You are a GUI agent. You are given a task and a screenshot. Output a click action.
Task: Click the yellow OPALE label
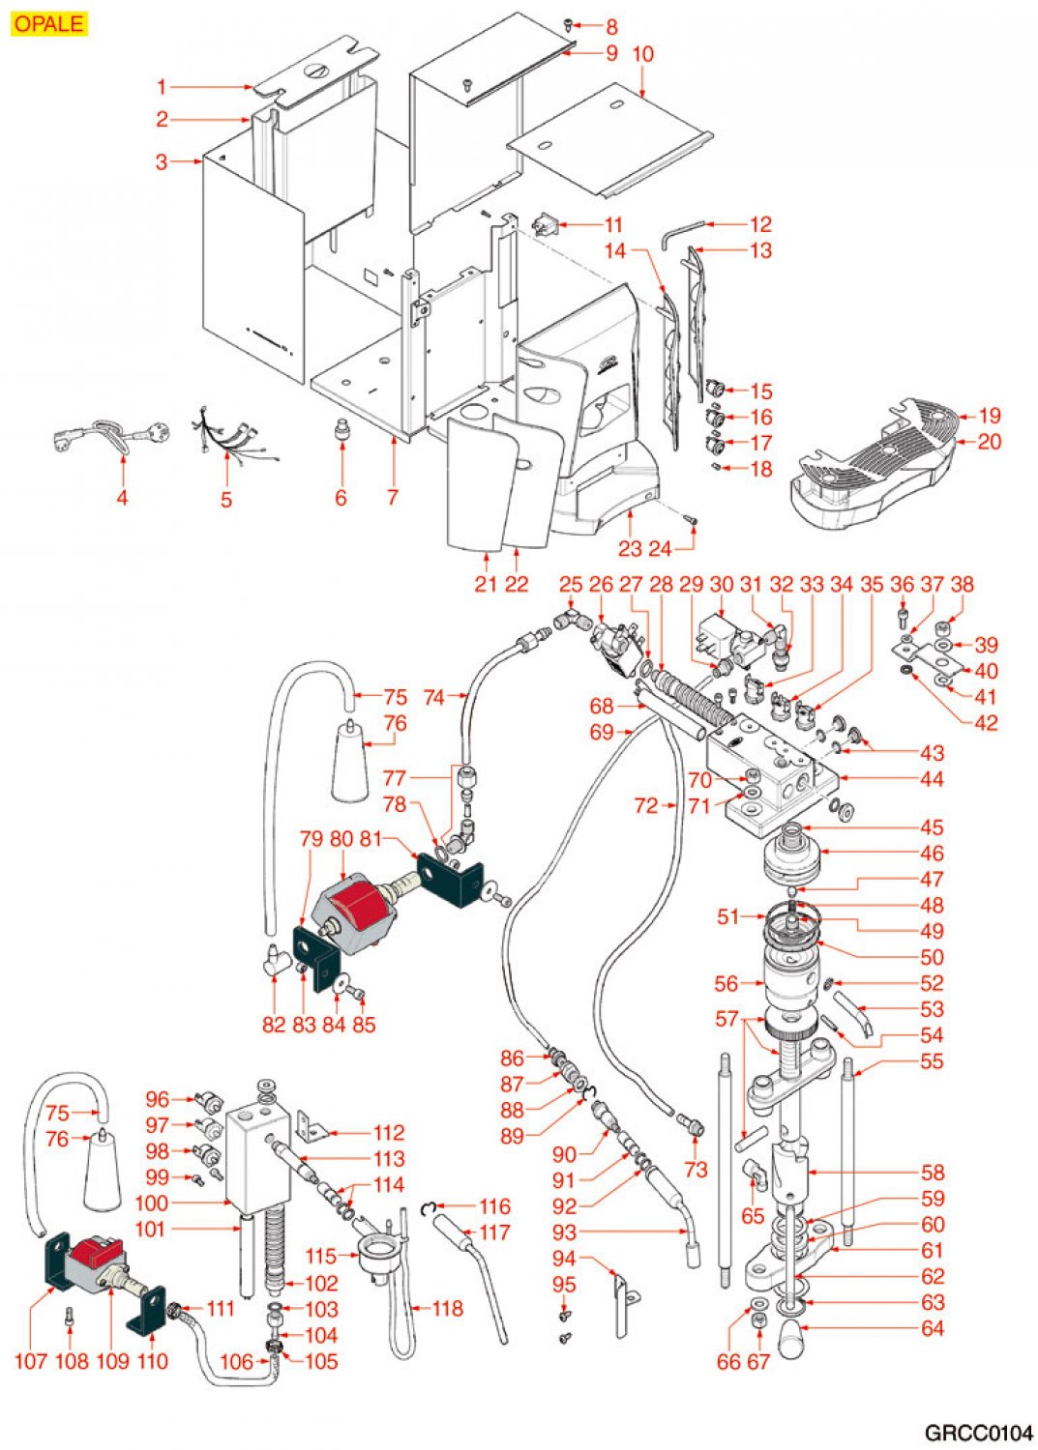[49, 23]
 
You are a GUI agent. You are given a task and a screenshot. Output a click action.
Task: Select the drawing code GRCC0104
[977, 1433]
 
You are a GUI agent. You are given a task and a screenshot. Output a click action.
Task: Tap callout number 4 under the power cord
[122, 498]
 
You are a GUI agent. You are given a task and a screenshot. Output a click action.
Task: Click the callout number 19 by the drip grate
[989, 417]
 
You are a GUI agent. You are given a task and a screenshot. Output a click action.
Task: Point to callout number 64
[932, 1329]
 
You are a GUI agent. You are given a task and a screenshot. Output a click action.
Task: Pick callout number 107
[31, 1361]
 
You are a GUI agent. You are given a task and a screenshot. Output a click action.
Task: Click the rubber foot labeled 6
[341, 428]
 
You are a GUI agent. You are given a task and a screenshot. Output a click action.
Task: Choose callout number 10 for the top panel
[642, 54]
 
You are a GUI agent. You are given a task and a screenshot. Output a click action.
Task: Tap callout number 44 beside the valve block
[932, 779]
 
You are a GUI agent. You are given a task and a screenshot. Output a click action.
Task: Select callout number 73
[696, 1170]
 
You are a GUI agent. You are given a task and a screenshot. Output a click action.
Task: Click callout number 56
[727, 984]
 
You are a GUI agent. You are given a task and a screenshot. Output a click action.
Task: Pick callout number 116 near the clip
[494, 1206]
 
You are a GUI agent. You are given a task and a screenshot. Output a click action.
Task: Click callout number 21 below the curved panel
[486, 584]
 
